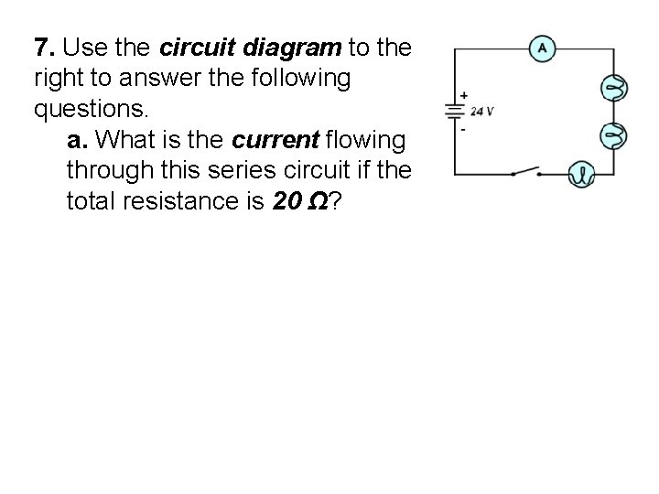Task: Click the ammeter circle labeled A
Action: coord(542,48)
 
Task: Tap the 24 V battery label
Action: coord(482,112)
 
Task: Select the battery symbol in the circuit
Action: coord(454,111)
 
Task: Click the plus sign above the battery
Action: coord(464,95)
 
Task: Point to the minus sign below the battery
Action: coord(463,129)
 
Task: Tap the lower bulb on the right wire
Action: coord(611,136)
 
